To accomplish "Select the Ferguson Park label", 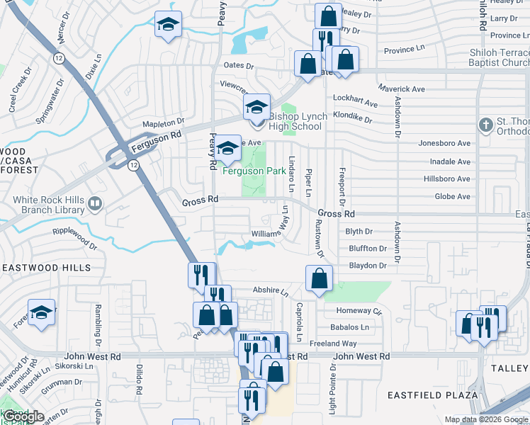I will pyautogui.click(x=254, y=171).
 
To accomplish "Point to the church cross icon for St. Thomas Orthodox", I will pyautogui.click(x=485, y=125).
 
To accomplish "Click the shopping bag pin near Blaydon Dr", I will pyautogui.click(x=320, y=279).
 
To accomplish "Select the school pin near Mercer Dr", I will pyautogui.click(x=168, y=25).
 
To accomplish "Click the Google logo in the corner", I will pyautogui.click(x=23, y=416).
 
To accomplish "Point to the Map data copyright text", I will pyautogui.click(x=486, y=419).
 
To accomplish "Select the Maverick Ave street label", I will pyautogui.click(x=400, y=89).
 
